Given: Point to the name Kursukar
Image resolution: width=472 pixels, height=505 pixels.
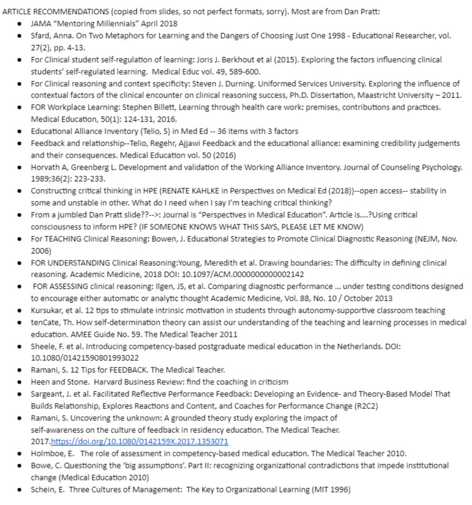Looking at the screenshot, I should [49, 310].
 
